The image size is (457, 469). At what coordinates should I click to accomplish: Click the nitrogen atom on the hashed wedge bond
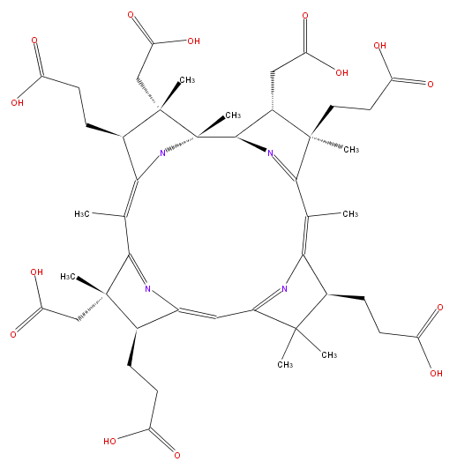(x=162, y=153)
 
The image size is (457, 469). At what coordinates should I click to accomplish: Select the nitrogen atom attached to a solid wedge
(x=270, y=153)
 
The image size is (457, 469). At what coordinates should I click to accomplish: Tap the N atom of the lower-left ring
(x=148, y=288)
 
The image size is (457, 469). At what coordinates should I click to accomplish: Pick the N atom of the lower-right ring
(x=284, y=288)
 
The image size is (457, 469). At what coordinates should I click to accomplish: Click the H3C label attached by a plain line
(x=82, y=214)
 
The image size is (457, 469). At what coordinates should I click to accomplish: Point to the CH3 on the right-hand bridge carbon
(x=350, y=214)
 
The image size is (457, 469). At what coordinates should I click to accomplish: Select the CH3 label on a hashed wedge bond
(x=351, y=149)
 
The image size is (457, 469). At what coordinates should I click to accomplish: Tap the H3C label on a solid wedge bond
(x=68, y=277)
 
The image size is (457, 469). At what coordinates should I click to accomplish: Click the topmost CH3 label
(x=187, y=80)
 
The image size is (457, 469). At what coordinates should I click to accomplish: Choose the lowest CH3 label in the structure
(x=285, y=364)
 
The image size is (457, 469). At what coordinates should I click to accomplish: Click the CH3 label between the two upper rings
(x=233, y=115)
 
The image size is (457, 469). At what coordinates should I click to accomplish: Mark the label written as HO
(x=109, y=441)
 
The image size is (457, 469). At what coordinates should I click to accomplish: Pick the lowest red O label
(x=177, y=455)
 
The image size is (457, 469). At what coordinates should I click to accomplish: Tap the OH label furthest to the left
(x=17, y=103)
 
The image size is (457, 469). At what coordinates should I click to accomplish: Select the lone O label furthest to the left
(x=13, y=334)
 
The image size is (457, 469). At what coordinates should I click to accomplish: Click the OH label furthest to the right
(x=436, y=373)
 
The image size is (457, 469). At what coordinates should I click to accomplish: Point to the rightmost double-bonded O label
(x=440, y=308)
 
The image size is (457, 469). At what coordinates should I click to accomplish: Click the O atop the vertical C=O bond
(x=305, y=16)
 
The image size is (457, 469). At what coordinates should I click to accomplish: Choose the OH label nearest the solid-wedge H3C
(x=36, y=272)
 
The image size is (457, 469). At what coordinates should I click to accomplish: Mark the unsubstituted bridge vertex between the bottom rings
(x=216, y=317)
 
